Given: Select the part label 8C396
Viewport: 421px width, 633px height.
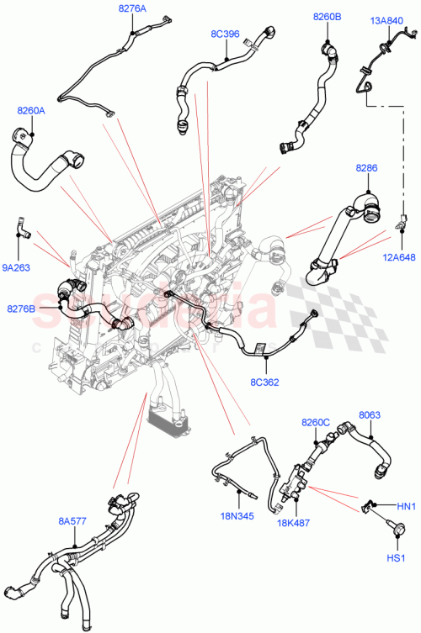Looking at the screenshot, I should coord(225,34).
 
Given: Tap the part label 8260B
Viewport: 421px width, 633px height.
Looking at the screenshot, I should coord(327,16).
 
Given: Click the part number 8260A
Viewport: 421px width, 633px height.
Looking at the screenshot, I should coord(30,110).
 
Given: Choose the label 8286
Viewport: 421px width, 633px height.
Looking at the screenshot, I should coord(366,169).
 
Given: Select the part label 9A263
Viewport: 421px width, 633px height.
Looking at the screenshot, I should coord(16,269).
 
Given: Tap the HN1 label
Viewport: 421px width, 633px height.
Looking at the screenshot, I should coord(405,505).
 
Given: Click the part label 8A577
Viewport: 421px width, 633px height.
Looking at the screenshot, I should coord(72,521).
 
